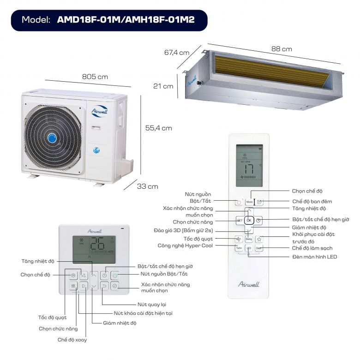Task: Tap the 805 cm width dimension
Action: coord(95,77)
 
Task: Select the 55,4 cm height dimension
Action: coord(158,128)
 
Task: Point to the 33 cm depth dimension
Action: coord(147,186)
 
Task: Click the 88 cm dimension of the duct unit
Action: coord(281,49)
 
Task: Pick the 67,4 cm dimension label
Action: coord(177,52)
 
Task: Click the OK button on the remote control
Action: coord(249,220)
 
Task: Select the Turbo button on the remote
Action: coord(239,248)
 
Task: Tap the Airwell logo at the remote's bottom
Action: coord(249,284)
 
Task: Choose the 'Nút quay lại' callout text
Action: coord(152,305)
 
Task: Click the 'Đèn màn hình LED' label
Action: coord(315,256)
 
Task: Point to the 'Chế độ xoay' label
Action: coord(72,340)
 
